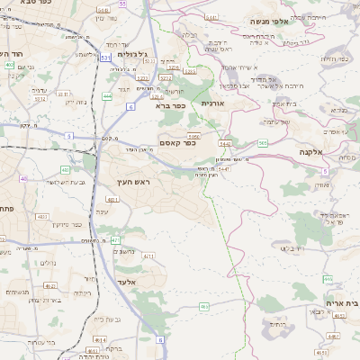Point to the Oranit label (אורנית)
(x=218, y=104)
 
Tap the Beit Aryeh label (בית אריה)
(x=339, y=302)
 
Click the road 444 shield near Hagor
(x=108, y=95)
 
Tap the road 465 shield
(x=205, y=306)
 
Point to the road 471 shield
(x=115, y=240)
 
